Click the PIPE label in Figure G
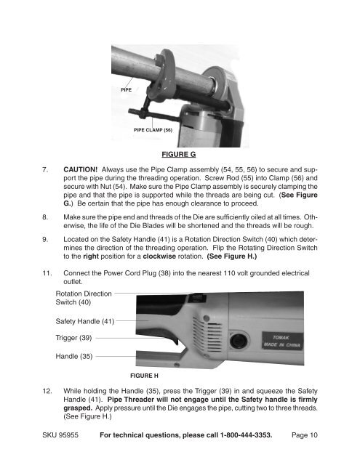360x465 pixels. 126,89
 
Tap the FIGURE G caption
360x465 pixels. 180,154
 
